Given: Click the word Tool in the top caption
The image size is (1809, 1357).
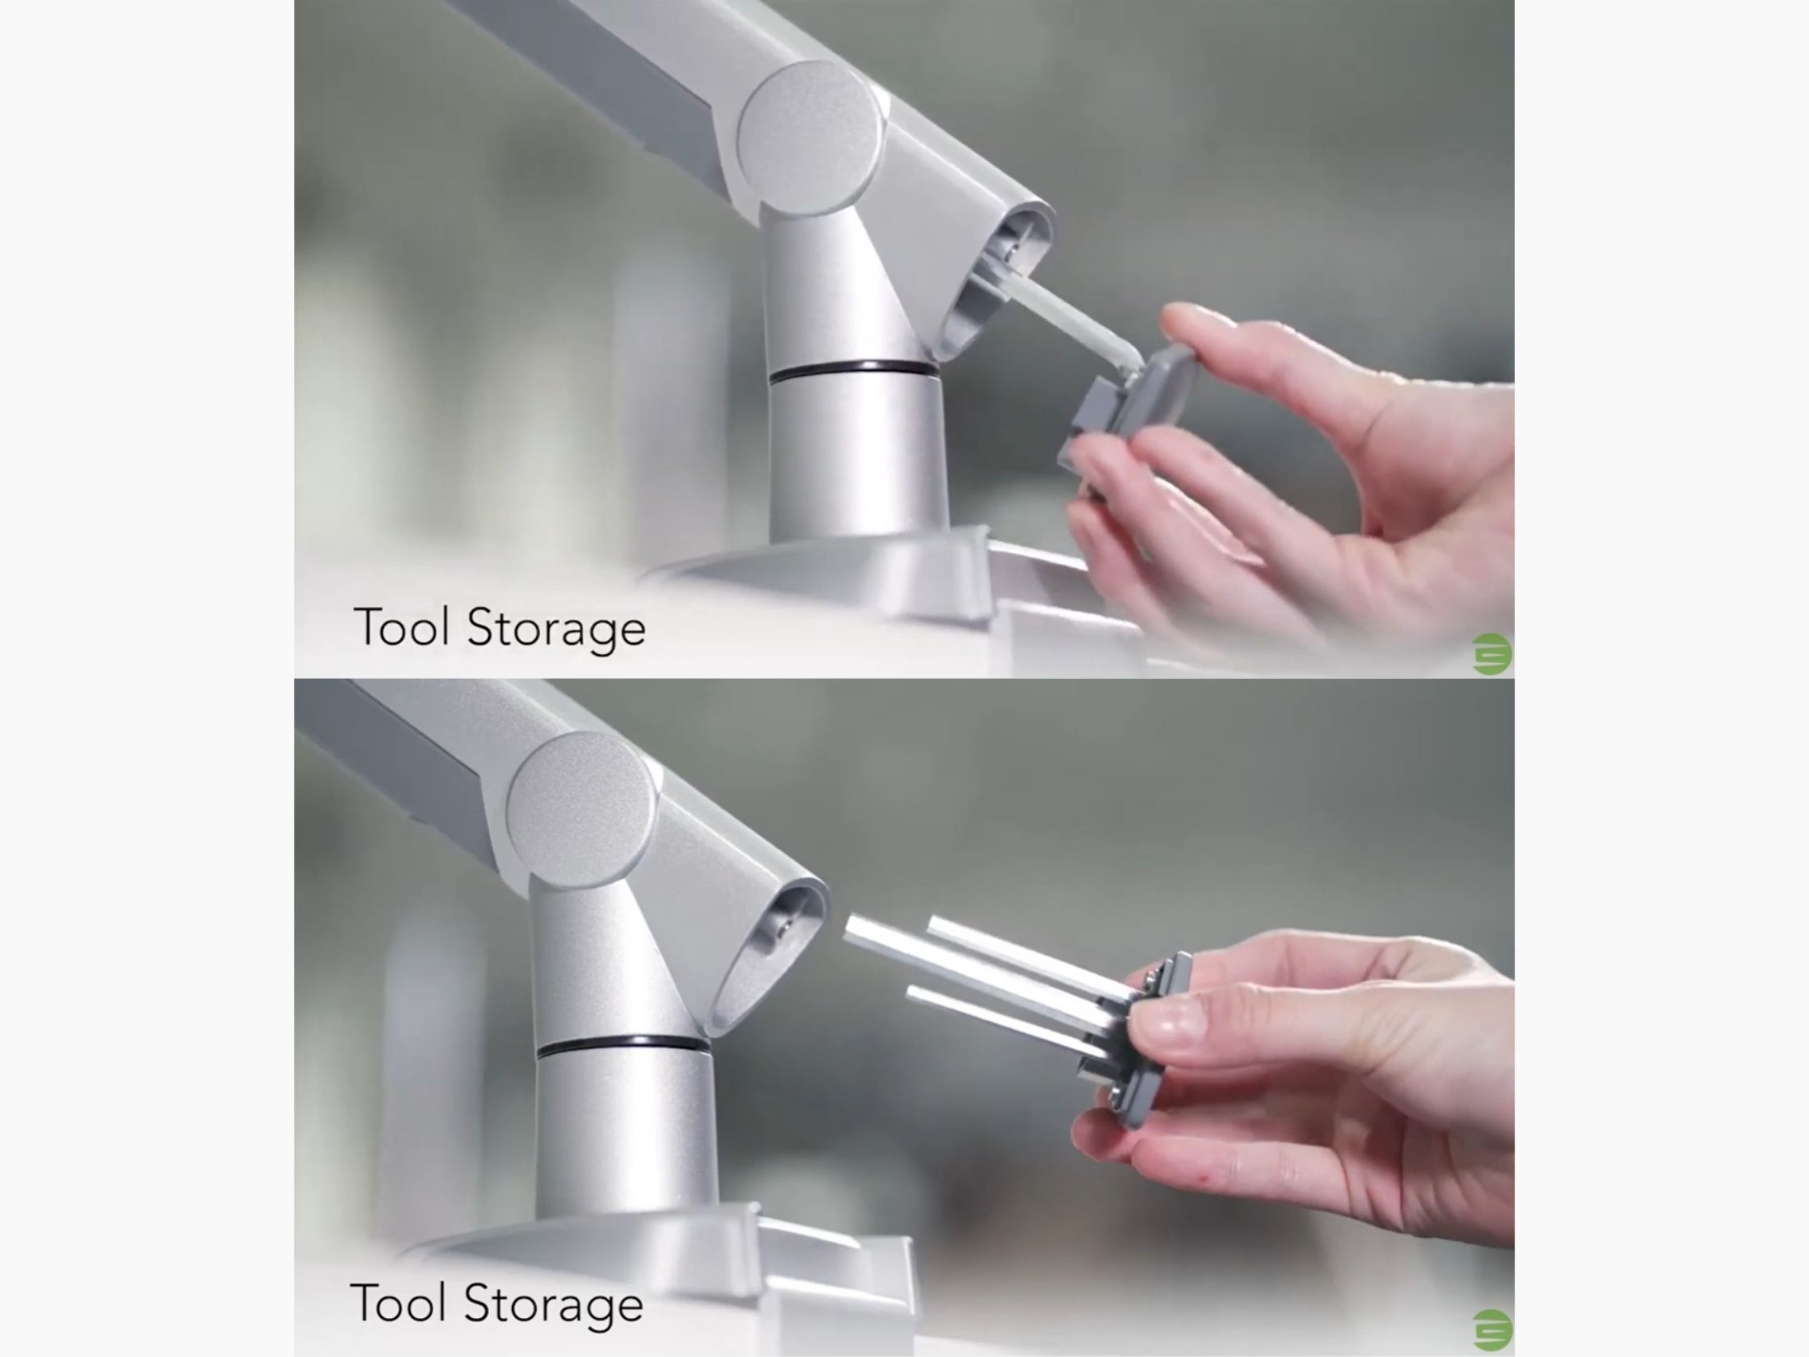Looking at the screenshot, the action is click(401, 627).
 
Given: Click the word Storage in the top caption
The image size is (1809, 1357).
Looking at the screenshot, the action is click(556, 629).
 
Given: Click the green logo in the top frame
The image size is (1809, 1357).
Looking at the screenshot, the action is click(1492, 653).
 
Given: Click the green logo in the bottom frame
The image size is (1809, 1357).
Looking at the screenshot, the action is click(1492, 1330).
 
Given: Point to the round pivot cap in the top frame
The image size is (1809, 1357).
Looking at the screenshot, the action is click(811, 136).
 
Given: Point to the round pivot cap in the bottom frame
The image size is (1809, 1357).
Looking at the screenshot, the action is click(581, 807).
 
